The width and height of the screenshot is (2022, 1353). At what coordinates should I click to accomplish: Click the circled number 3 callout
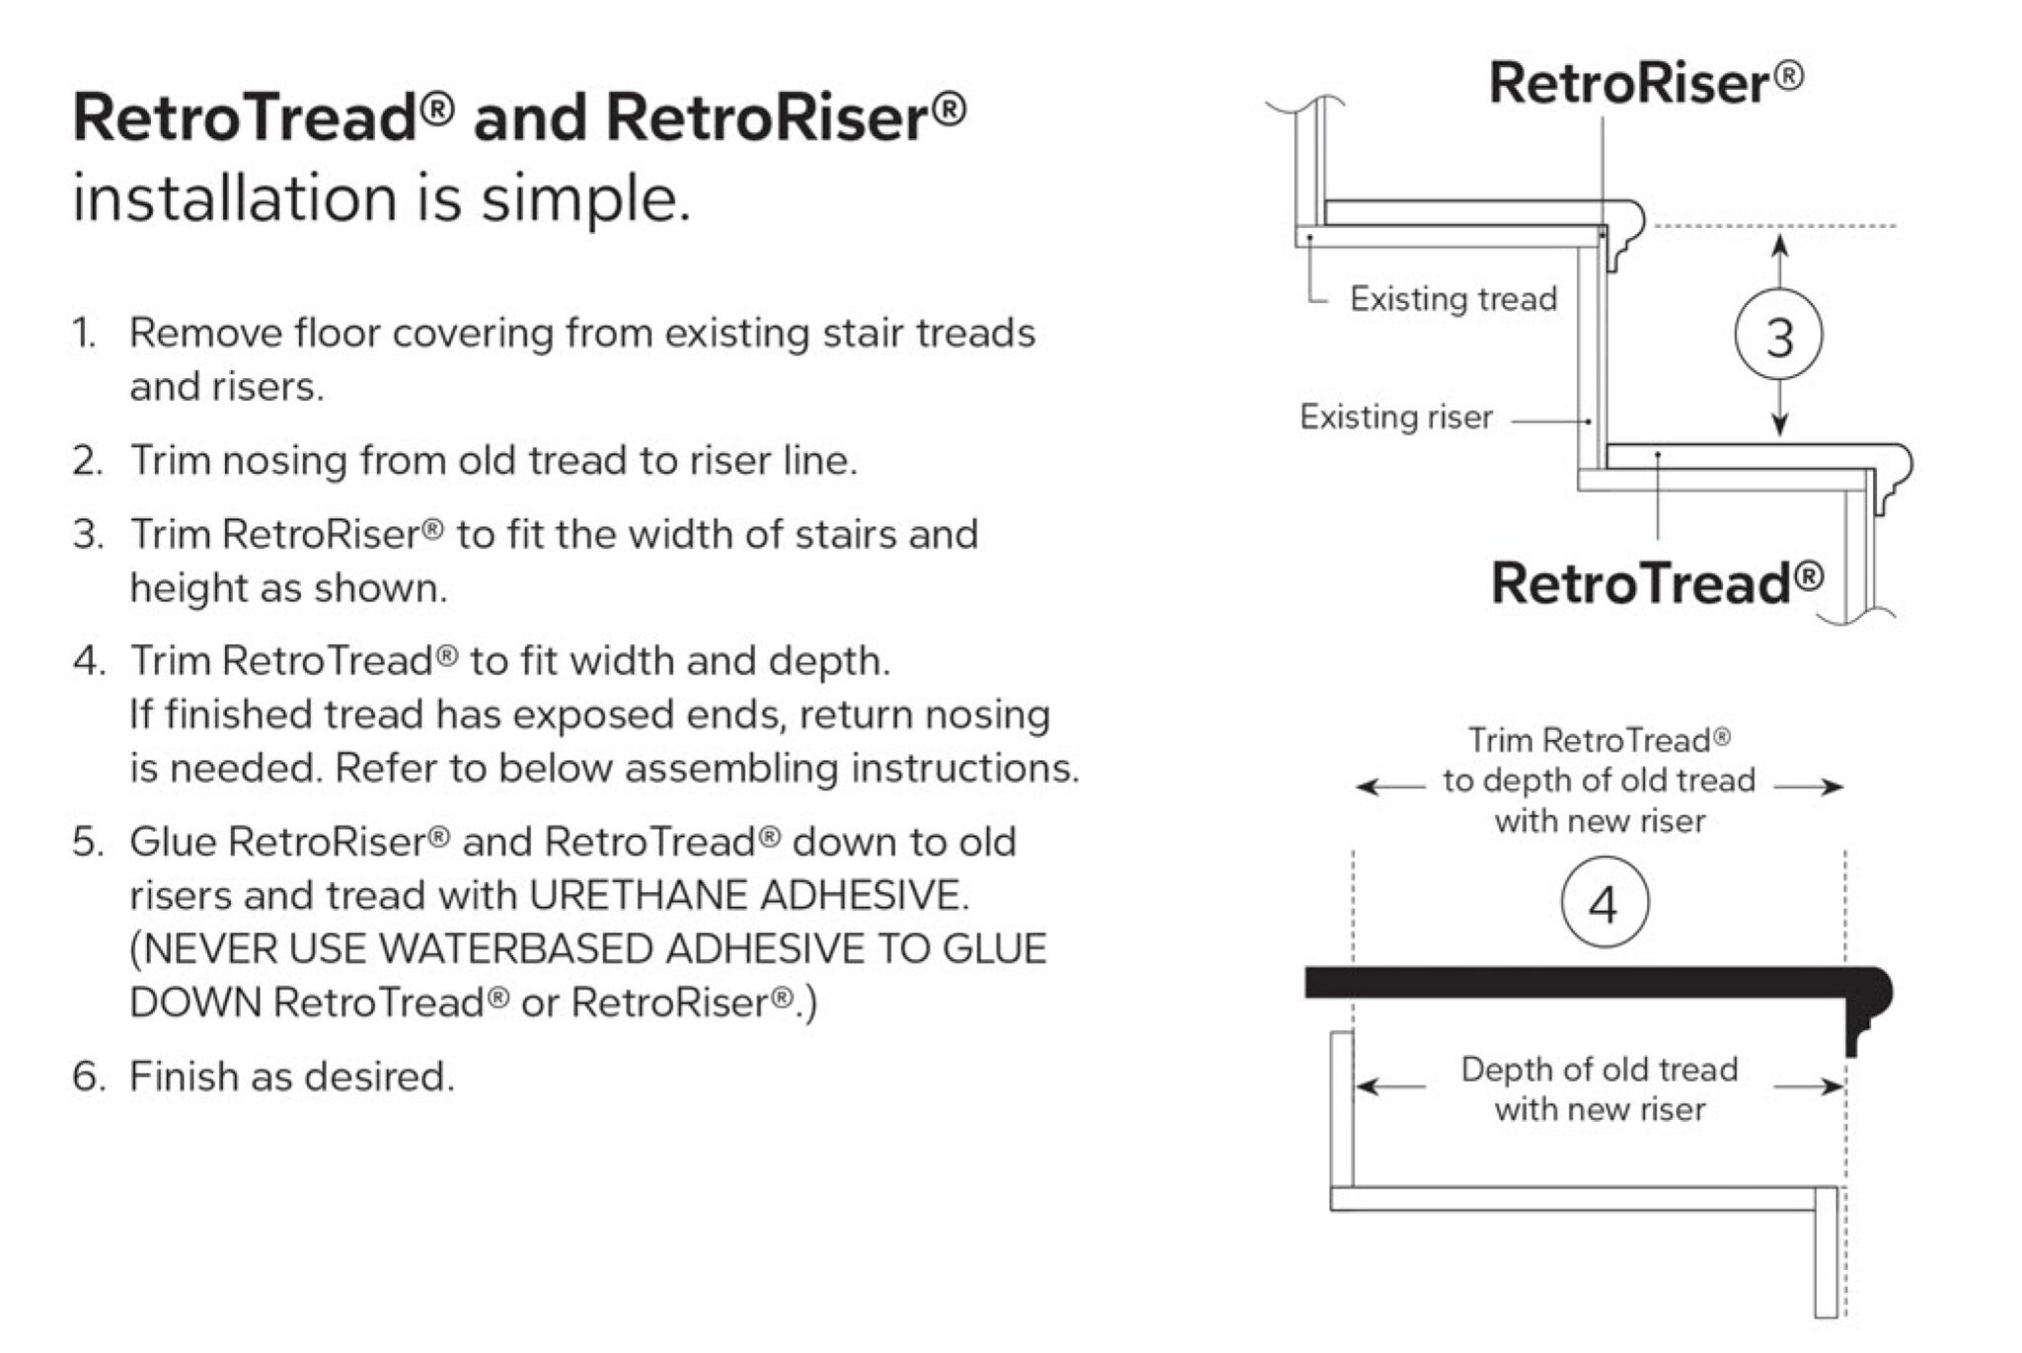click(1778, 336)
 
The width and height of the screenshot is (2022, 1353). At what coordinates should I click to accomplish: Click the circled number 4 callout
click(1604, 903)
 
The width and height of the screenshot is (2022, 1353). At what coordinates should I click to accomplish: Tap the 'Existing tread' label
click(1452, 298)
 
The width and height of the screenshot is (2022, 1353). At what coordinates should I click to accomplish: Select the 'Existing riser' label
click(1395, 417)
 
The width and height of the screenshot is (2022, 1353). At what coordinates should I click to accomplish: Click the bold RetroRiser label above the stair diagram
click(1645, 83)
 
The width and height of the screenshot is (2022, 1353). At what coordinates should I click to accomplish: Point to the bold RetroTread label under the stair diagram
click(1657, 583)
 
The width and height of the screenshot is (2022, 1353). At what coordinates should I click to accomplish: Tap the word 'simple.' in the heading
click(585, 199)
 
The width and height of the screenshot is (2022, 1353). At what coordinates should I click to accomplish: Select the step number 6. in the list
click(87, 1076)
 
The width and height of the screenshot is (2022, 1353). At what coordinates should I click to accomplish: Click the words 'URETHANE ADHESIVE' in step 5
click(748, 896)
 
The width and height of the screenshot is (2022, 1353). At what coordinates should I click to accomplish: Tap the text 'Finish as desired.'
click(292, 1076)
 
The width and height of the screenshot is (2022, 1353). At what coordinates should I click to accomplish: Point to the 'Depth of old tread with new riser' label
click(1599, 1089)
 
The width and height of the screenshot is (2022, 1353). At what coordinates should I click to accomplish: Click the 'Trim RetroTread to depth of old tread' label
click(1599, 780)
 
